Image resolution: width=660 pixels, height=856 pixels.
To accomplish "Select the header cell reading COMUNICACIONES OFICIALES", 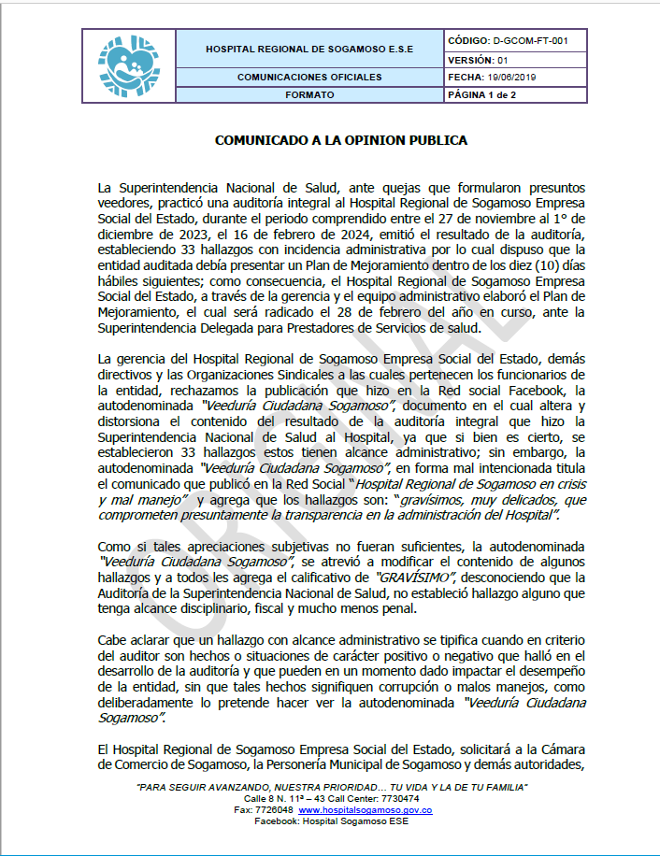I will (308, 77).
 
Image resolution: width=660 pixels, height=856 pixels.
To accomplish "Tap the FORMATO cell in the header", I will (308, 95).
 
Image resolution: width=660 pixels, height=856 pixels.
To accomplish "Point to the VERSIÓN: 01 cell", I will (478, 60).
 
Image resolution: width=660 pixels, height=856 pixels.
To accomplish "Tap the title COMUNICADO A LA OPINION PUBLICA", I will (341, 141).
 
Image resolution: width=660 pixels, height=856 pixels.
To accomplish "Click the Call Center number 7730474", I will (396, 799).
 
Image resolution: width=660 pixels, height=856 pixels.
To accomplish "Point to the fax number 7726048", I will (275, 809).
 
